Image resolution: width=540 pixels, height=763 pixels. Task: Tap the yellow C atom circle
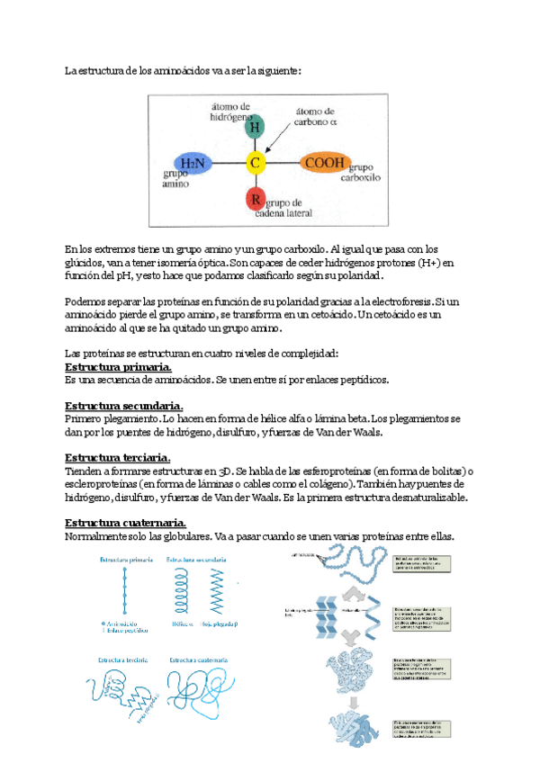pos(256,163)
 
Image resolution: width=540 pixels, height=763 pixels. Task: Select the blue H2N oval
pos(193,163)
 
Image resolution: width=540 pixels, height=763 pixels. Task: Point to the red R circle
pos(256,198)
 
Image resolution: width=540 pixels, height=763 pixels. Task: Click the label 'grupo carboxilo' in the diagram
pos(362,173)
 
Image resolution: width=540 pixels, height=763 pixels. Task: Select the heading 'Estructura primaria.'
pos(120,367)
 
